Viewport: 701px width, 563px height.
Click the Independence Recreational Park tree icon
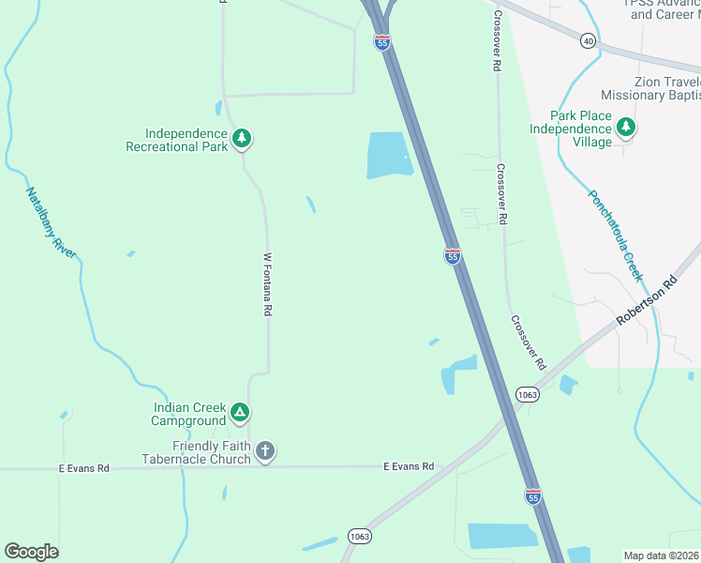[x=242, y=139]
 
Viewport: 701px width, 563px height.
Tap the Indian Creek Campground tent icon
[x=240, y=412]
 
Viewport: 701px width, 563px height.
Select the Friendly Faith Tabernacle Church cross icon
[x=264, y=452]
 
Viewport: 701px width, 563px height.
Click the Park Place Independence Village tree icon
[x=625, y=127]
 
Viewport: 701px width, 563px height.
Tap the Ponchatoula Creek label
[x=615, y=236]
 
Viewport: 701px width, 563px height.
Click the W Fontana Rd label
[x=268, y=283]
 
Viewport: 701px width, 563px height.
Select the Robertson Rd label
[x=647, y=301]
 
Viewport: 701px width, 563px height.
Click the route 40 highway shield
[x=588, y=40]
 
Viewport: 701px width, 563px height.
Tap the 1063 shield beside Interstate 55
[x=528, y=395]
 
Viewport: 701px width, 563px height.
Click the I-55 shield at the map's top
[x=381, y=42]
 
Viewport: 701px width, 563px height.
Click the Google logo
[x=31, y=552]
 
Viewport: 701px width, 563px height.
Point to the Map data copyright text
[x=662, y=555]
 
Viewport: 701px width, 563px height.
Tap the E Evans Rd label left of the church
[x=83, y=467]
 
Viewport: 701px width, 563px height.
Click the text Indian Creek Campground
[x=189, y=414]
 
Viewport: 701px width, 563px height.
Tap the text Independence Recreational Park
[x=177, y=140]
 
